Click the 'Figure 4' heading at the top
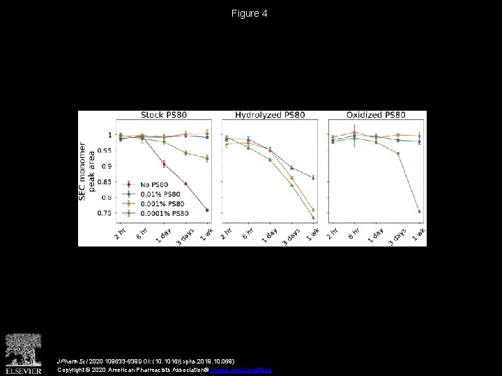pos(250,13)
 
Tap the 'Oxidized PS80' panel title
pos(376,115)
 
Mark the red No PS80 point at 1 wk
pos(207,210)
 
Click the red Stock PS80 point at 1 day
pos(164,164)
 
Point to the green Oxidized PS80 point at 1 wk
pos(419,212)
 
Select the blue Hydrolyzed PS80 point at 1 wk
pos(313,178)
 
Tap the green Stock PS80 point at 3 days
pos(185,153)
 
